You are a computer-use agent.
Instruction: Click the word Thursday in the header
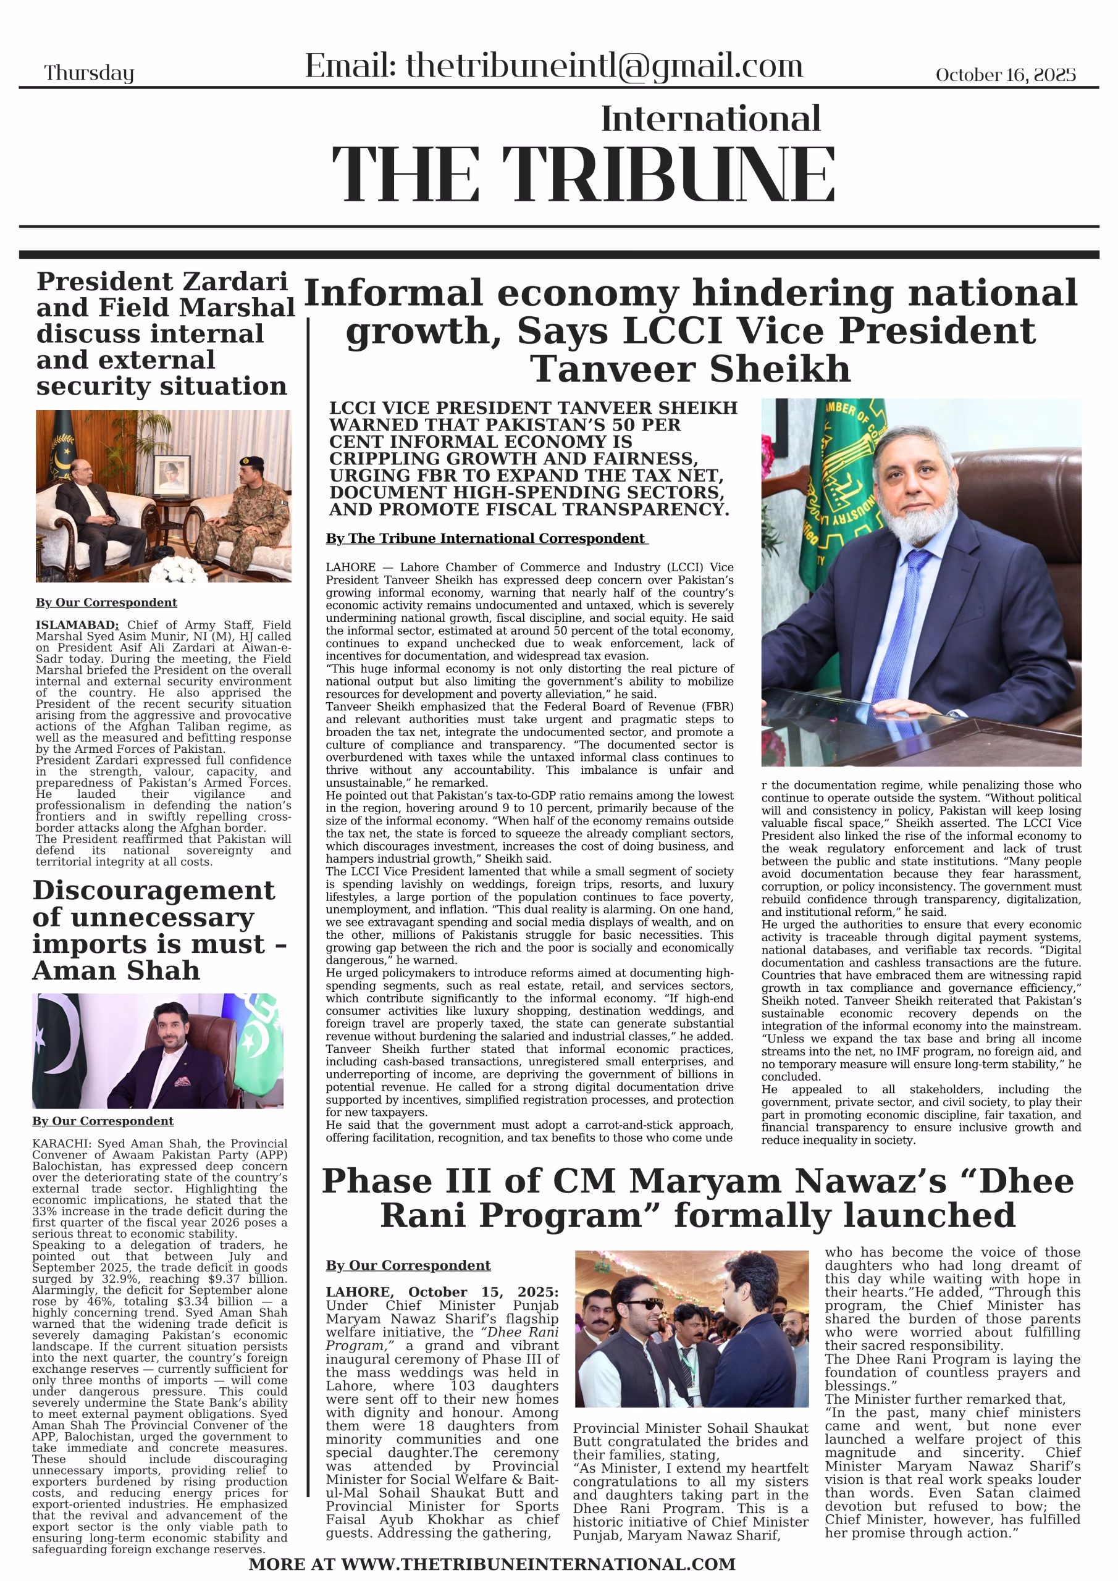coord(89,73)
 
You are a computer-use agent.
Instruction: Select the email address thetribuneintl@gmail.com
coord(604,66)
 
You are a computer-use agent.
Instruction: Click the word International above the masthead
coord(710,119)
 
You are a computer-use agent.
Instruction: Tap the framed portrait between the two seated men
coord(172,474)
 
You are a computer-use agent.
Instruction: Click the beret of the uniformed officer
coord(251,461)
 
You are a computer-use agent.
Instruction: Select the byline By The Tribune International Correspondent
coord(485,539)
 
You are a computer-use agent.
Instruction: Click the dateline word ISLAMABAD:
coord(77,625)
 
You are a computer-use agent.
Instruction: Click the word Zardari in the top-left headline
coord(235,282)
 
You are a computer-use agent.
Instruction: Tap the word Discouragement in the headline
coord(154,891)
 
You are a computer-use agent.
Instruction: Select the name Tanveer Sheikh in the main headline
coord(690,369)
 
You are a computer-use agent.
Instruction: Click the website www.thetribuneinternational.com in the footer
coord(538,1564)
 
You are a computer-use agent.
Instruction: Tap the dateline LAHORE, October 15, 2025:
coord(442,1293)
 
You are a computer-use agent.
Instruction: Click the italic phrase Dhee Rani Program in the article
coord(468,1340)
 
